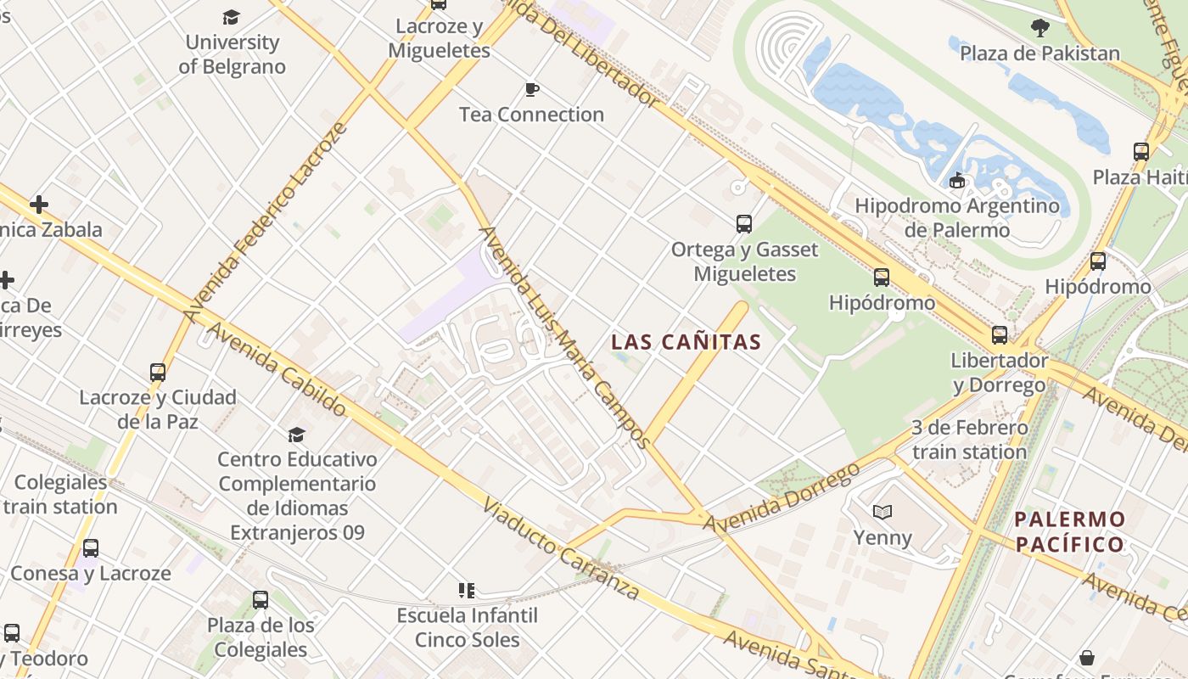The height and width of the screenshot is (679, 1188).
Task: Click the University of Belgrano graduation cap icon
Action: pyautogui.click(x=231, y=17)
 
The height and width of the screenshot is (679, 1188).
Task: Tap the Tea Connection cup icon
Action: pyautogui.click(x=532, y=89)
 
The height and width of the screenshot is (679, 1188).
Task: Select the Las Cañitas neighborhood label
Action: pyautogui.click(x=686, y=342)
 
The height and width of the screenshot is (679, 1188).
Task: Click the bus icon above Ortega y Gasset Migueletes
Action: pyautogui.click(x=744, y=224)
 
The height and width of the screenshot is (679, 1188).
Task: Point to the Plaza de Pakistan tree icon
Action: pyautogui.click(x=1039, y=28)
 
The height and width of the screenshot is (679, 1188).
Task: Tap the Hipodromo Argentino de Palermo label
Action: pyautogui.click(x=957, y=217)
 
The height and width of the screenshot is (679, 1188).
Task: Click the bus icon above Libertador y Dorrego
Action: pyautogui.click(x=1000, y=334)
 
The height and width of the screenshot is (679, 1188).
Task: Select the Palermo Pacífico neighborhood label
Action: pyautogui.click(x=1070, y=531)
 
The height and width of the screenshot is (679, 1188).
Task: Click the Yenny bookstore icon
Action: pyautogui.click(x=883, y=512)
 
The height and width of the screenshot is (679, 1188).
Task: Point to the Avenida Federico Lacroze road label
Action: pyautogui.click(x=266, y=222)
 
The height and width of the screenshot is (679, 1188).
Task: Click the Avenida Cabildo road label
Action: pyautogui.click(x=276, y=369)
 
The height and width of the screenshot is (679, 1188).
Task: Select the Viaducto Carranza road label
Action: pyautogui.click(x=560, y=549)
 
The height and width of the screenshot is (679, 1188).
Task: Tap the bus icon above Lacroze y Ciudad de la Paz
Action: pyautogui.click(x=158, y=372)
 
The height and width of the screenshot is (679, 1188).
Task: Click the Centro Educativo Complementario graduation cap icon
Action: pyautogui.click(x=296, y=435)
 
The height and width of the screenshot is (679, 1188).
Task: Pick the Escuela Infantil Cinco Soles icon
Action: pyautogui.click(x=466, y=590)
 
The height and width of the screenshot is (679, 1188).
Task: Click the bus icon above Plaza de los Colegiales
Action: pyautogui.click(x=261, y=600)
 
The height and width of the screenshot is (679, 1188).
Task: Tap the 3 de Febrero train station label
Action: pyautogui.click(x=970, y=440)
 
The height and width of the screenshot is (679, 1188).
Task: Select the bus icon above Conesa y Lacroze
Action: pyautogui.click(x=91, y=548)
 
